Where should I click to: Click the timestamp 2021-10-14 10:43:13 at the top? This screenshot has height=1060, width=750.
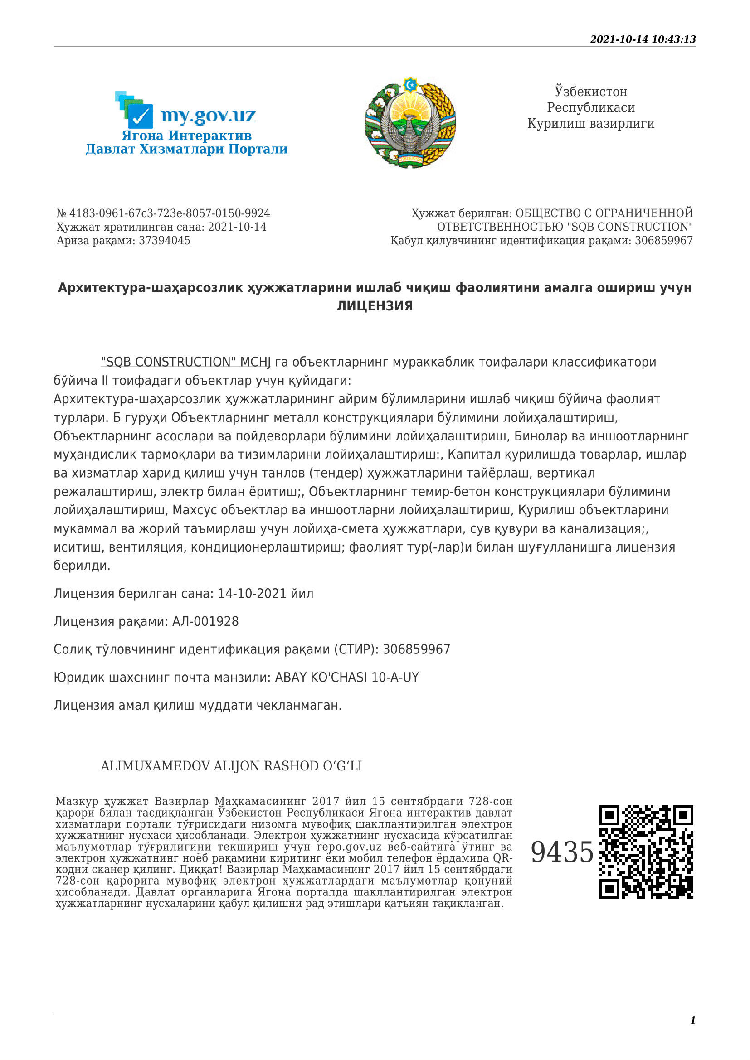click(643, 39)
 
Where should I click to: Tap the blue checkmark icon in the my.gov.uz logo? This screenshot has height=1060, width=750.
click(141, 116)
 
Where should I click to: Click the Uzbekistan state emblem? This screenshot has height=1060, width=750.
click(410, 123)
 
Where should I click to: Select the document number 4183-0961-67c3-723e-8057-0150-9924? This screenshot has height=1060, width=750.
click(169, 213)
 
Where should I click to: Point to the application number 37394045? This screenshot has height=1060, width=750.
click(165, 241)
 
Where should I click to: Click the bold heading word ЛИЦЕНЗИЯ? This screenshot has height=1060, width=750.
click(375, 306)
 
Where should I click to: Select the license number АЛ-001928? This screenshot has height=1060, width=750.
click(205, 621)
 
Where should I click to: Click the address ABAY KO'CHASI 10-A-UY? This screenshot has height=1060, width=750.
click(347, 677)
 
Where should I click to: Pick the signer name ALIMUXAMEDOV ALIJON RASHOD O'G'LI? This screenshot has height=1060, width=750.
click(231, 766)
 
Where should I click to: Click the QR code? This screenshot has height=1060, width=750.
click(646, 852)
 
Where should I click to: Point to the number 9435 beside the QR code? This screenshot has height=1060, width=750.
click(561, 852)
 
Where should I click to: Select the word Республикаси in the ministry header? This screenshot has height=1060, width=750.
click(591, 107)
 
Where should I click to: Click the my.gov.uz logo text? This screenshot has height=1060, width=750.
click(208, 116)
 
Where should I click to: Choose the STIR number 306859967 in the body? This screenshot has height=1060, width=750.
click(416, 649)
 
